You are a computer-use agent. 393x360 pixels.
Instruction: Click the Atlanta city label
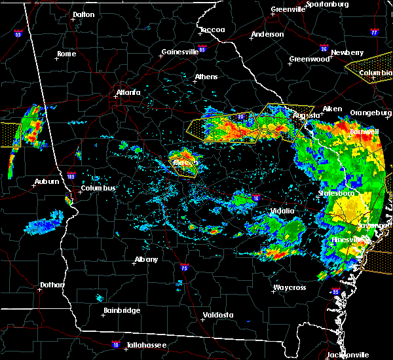click(128, 92)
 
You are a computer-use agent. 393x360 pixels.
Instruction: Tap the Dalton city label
click(83, 14)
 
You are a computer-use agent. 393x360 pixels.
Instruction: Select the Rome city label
click(67, 54)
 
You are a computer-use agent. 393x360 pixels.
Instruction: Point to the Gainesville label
click(179, 52)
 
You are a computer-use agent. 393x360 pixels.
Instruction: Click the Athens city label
click(206, 77)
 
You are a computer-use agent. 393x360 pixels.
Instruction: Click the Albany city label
click(146, 259)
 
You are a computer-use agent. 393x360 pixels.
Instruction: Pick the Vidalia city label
click(283, 211)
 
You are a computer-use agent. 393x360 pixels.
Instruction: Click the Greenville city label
click(289, 10)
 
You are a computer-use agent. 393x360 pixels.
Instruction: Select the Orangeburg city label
click(370, 113)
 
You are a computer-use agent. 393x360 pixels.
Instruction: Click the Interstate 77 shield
click(374, 31)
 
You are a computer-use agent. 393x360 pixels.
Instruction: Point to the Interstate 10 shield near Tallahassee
click(116, 343)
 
